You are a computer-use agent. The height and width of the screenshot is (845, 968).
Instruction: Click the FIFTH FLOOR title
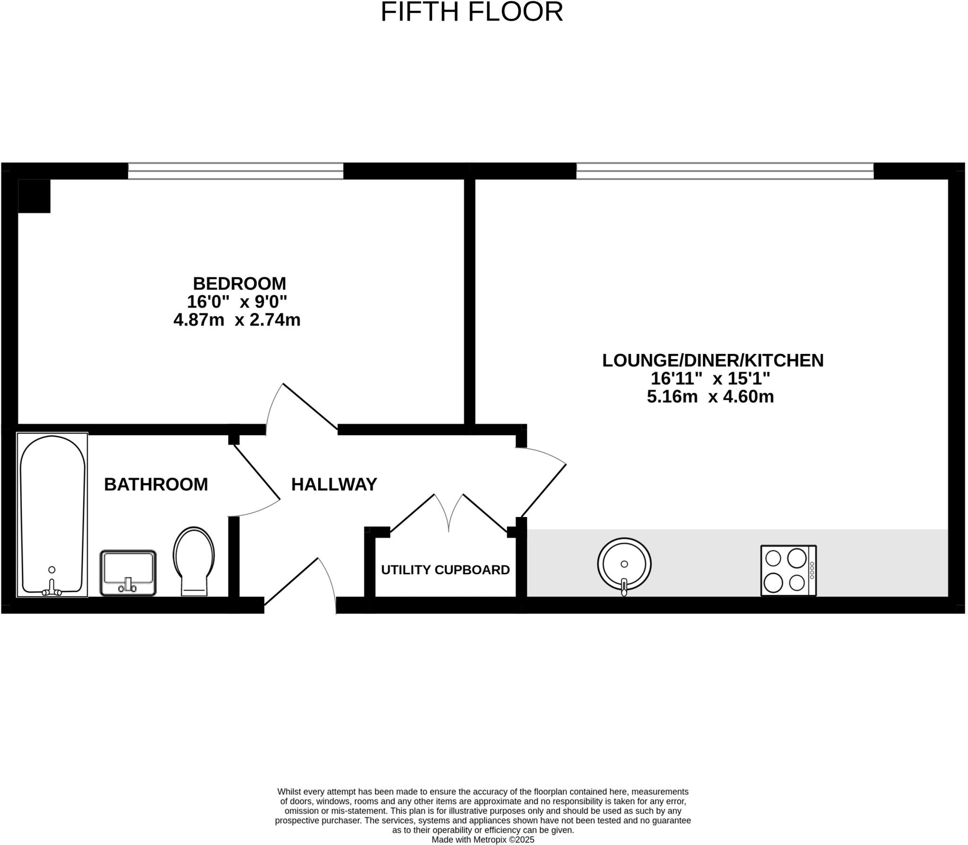tap(472, 12)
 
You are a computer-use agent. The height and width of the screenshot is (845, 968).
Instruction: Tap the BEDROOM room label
tap(239, 284)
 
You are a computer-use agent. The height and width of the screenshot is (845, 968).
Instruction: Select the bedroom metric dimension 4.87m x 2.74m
tap(237, 320)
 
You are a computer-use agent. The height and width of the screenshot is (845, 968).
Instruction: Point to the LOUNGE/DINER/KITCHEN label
tap(712, 361)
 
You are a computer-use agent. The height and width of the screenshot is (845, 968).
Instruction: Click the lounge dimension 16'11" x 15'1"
tap(710, 379)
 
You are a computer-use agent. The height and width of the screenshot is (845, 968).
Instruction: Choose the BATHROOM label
tap(156, 484)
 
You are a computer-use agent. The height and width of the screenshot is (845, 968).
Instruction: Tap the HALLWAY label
tap(334, 484)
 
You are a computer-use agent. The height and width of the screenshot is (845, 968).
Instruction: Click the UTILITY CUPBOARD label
tap(445, 570)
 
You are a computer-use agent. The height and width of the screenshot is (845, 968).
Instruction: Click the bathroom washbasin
tap(128, 572)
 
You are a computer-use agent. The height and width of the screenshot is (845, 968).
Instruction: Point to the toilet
tap(194, 560)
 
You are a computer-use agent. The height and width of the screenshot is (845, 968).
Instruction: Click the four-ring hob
tap(788, 570)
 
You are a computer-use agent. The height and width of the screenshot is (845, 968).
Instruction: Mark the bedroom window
tap(235, 171)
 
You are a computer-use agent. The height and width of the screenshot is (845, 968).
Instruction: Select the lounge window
tap(725, 171)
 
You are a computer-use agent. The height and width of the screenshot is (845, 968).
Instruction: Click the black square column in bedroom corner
tap(34, 196)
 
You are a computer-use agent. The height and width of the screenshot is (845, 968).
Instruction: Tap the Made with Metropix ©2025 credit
tap(483, 840)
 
